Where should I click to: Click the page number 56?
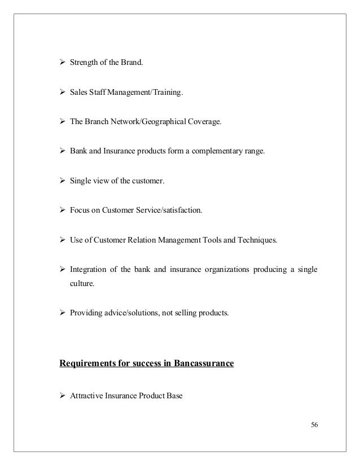coord(314,425)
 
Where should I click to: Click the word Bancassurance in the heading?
coord(204,363)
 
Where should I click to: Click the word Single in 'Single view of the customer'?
coord(80,182)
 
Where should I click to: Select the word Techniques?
coord(257,240)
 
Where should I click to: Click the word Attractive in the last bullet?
coord(85,396)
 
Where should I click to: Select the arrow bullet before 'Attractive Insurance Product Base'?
coord(63,396)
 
